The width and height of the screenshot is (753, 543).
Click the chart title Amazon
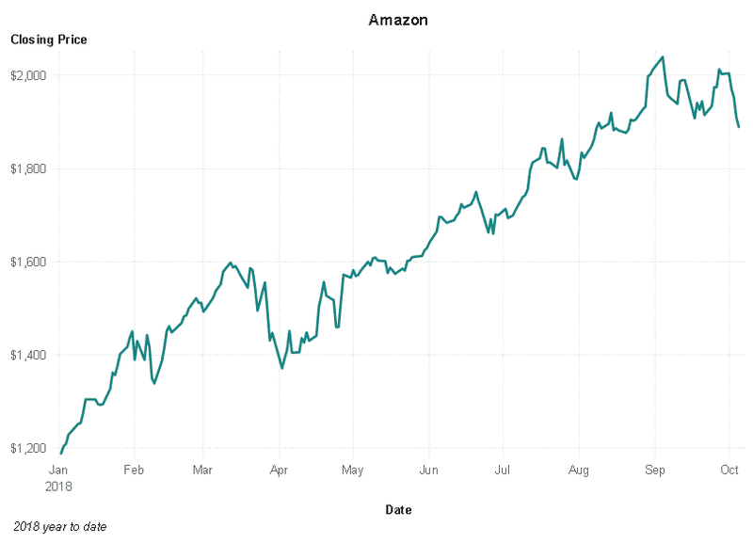pos(398,20)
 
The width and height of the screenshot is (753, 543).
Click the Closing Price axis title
pos(48,40)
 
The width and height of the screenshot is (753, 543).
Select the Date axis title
pos(398,510)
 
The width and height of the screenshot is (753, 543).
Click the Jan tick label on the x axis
pos(58,470)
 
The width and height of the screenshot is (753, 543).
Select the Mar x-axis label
pos(202,470)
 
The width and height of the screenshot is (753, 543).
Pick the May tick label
pos(352,470)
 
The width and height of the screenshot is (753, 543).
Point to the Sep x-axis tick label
pos(654,470)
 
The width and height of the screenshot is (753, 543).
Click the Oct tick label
pos(729,470)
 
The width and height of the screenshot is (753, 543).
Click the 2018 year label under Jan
pos(58,487)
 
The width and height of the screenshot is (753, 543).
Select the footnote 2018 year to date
pos(60,527)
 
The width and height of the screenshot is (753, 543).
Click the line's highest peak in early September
pos(663,56)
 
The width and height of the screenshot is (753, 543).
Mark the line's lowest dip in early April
pos(282,368)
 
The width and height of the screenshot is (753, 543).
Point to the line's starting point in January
pos(61,454)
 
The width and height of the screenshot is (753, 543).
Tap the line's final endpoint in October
pos(739,127)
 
